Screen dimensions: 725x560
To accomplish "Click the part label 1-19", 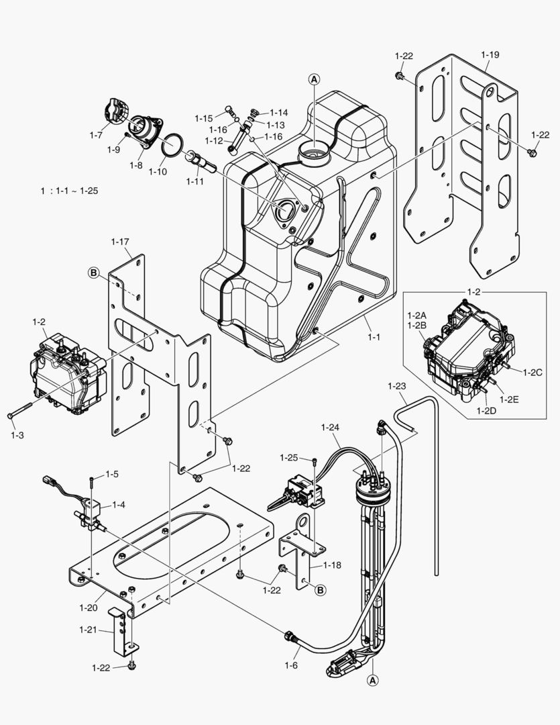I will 490,54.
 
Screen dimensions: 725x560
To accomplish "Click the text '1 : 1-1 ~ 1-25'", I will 69,191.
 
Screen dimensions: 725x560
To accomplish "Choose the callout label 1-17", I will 120,241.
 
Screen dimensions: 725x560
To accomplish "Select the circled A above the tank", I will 314,79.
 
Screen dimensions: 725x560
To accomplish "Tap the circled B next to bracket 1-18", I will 321,590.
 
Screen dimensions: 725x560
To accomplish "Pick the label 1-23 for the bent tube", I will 397,386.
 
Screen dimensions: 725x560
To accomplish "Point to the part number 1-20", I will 89,608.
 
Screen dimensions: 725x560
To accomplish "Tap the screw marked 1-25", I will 314,461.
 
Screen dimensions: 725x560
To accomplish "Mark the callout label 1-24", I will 331,426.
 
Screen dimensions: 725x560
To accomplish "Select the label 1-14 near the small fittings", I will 279,113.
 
